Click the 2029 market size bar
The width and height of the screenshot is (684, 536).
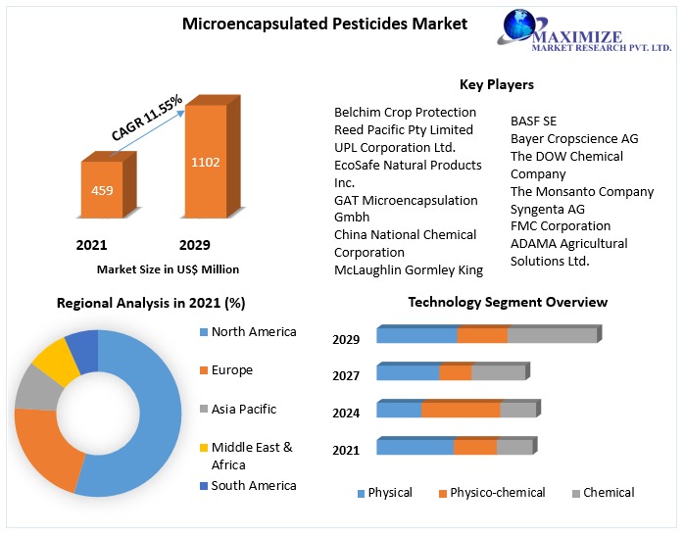click(205, 162)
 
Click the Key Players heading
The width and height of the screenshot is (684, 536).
click(497, 84)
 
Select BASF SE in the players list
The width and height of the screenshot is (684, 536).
click(533, 122)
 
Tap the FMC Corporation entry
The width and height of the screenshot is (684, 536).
click(560, 226)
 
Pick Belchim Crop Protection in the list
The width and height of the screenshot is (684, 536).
click(405, 112)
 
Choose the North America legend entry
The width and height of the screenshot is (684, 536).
click(253, 332)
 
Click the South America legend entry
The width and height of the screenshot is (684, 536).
click(253, 486)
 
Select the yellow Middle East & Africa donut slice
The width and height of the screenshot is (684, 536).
click(55, 360)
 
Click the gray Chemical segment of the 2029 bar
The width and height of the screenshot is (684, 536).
click(552, 335)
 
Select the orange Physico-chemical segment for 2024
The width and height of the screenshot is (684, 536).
click(461, 410)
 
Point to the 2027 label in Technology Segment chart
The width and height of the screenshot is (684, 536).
click(346, 375)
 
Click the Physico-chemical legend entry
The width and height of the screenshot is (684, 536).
click(497, 493)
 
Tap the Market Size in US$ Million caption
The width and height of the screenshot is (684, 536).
click(168, 269)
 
